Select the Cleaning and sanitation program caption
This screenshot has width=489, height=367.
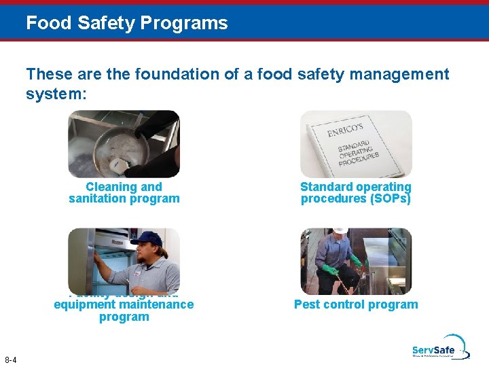click(124, 192)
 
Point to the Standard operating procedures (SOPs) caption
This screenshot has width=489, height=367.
click(356, 192)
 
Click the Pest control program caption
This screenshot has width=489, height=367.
click(356, 304)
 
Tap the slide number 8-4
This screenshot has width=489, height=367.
click(11, 359)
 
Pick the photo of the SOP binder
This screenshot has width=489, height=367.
click(356, 144)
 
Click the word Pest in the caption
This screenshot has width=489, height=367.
click(307, 304)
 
